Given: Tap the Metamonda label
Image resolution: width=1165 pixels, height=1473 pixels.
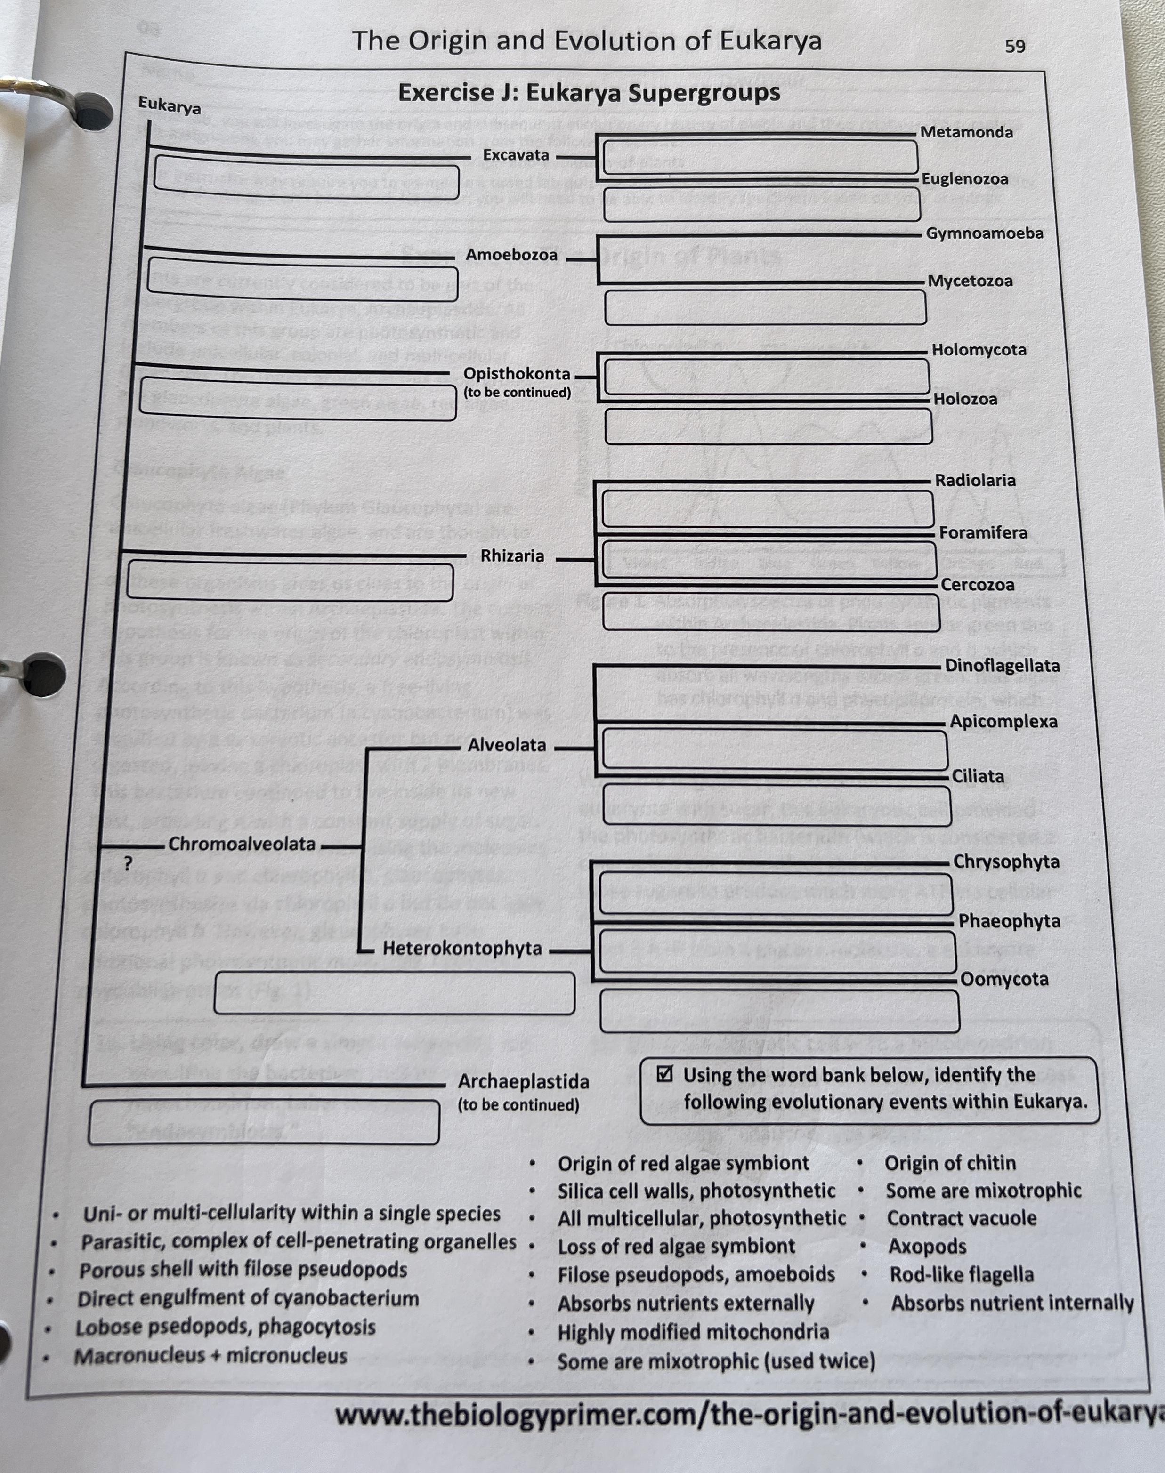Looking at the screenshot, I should (x=966, y=132).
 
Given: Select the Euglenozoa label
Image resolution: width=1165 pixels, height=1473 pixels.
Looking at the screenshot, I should (x=964, y=179).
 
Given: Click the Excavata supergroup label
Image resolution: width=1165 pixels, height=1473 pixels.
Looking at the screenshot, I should (x=516, y=155).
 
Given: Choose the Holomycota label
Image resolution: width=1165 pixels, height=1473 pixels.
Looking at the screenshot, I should (x=979, y=350).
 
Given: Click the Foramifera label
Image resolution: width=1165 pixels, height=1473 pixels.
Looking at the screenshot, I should (x=983, y=532).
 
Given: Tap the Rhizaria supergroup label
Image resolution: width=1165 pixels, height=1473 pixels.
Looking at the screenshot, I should (x=512, y=556).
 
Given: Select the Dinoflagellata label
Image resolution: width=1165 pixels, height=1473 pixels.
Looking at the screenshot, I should (x=1002, y=666).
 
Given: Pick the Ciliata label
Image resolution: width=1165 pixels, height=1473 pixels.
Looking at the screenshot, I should (x=978, y=776).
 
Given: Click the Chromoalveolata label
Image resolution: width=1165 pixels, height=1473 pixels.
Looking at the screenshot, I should (x=242, y=844).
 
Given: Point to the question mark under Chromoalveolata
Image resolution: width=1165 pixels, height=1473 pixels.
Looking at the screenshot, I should (x=128, y=863).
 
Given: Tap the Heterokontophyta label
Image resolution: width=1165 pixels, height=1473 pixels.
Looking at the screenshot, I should (x=462, y=948).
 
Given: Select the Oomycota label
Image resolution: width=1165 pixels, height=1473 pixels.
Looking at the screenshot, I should (x=1004, y=979).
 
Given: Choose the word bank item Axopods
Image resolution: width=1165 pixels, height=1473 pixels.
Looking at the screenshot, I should (x=927, y=1247).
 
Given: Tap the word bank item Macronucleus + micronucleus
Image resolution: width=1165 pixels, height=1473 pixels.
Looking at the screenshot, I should (x=211, y=1356).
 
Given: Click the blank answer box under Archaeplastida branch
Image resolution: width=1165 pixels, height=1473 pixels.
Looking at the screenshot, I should (x=264, y=1122).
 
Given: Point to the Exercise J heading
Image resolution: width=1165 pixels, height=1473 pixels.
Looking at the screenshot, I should (x=589, y=92).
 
